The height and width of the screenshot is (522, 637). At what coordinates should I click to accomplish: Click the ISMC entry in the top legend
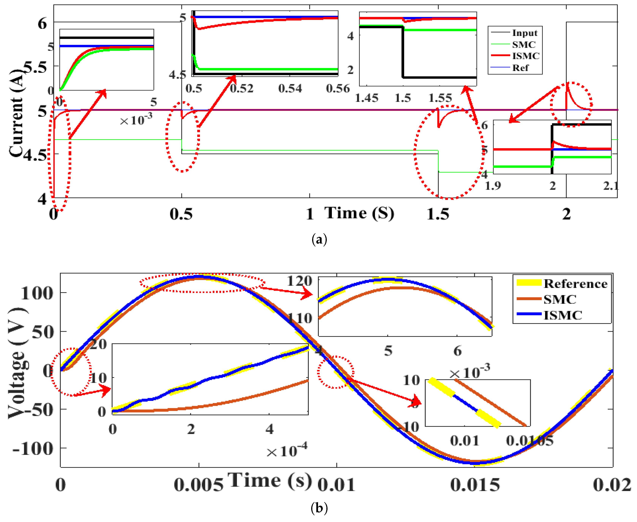pyautogui.click(x=525, y=56)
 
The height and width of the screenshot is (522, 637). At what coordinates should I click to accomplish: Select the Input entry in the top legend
pyautogui.click(x=524, y=33)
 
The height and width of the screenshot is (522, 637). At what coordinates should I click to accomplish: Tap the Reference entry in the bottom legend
pyautogui.click(x=575, y=284)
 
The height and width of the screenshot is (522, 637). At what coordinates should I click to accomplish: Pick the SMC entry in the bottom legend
pyautogui.click(x=560, y=299)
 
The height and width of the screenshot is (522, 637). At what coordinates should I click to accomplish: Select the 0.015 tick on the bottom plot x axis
pyautogui.click(x=475, y=485)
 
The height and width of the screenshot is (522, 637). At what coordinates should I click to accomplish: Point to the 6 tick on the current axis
pyautogui.click(x=42, y=23)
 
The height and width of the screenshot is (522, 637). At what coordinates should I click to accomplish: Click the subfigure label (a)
pyautogui.click(x=319, y=240)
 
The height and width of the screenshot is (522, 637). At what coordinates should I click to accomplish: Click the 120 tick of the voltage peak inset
pyautogui.click(x=299, y=281)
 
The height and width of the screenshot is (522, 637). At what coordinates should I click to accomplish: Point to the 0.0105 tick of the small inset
pyautogui.click(x=530, y=441)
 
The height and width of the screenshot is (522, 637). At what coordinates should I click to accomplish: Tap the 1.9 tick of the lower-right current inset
pyautogui.click(x=493, y=186)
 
